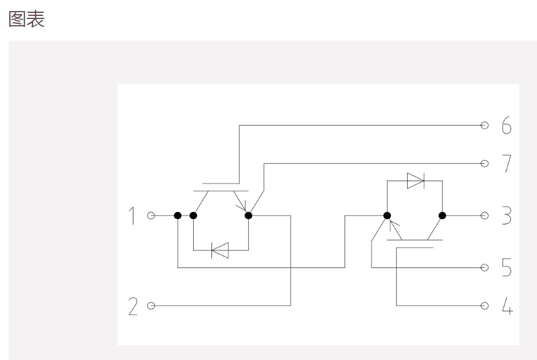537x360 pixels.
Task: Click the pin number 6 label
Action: click(506, 126)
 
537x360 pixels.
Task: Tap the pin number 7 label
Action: click(506, 164)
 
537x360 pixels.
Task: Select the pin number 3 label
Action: click(506, 216)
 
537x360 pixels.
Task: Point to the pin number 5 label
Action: click(506, 268)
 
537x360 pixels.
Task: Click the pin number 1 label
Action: click(132, 216)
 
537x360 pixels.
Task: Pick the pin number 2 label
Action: click(133, 306)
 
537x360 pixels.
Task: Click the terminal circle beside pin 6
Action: click(484, 126)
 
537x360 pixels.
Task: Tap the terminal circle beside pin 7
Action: click(484, 164)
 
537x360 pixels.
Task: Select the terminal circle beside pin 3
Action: click(484, 216)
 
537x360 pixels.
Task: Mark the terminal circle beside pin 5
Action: click(484, 267)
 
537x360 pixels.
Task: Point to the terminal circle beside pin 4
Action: click(484, 305)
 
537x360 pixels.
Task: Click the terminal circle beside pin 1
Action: click(151, 216)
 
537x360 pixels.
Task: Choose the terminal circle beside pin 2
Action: click(151, 305)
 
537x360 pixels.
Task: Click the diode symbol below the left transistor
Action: click(219, 250)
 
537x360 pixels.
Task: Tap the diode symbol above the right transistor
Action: click(416, 180)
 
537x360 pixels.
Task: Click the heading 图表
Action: click(26, 19)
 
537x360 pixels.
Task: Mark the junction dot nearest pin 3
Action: click(442, 216)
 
